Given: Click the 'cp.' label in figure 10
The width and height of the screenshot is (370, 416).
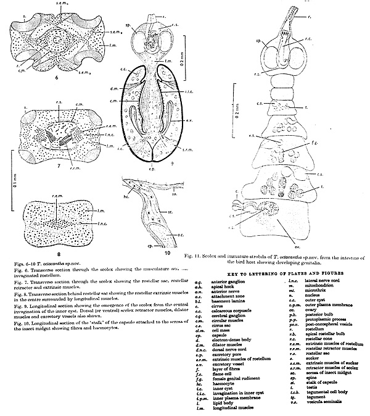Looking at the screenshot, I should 126,243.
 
